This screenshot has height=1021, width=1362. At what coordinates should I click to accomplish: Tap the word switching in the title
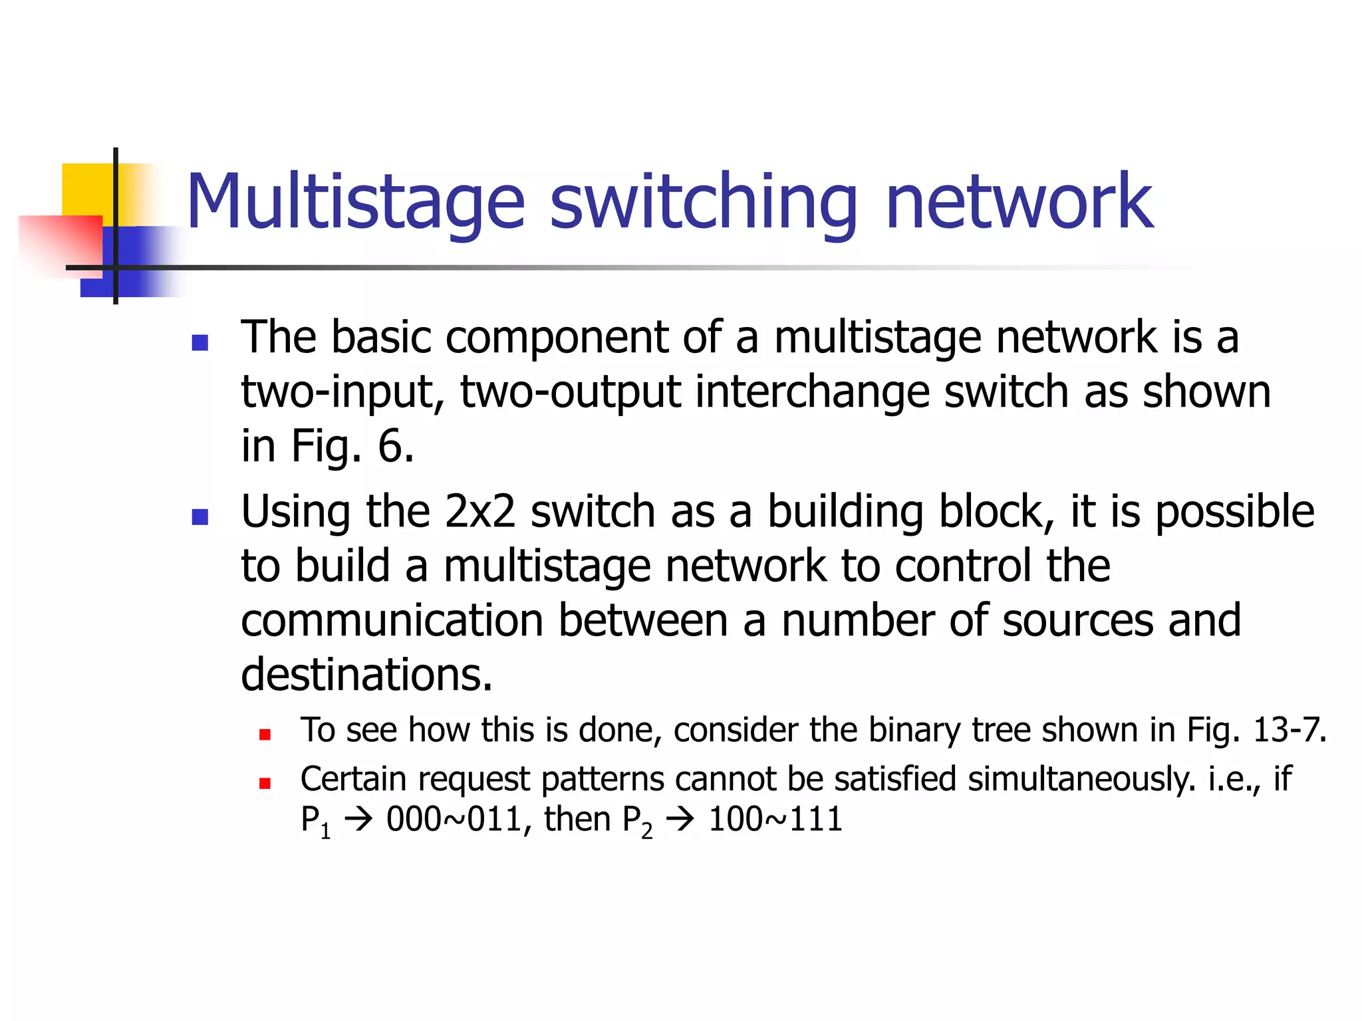704,201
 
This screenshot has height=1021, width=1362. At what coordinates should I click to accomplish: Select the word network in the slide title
1019,201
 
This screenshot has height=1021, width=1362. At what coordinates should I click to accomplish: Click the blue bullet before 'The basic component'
200,342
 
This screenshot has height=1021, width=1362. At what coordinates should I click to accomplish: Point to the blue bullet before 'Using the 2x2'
200,516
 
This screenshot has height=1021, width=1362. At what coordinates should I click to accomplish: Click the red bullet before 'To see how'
265,735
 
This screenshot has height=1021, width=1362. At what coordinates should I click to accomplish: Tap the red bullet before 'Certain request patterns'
265,783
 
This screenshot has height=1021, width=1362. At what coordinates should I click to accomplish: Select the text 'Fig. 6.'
352,445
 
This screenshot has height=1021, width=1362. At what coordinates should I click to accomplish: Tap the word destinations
366,675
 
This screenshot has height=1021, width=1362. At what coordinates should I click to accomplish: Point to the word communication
392,620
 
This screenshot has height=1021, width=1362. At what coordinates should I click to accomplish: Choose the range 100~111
775,819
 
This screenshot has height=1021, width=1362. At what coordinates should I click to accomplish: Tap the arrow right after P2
680,820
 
